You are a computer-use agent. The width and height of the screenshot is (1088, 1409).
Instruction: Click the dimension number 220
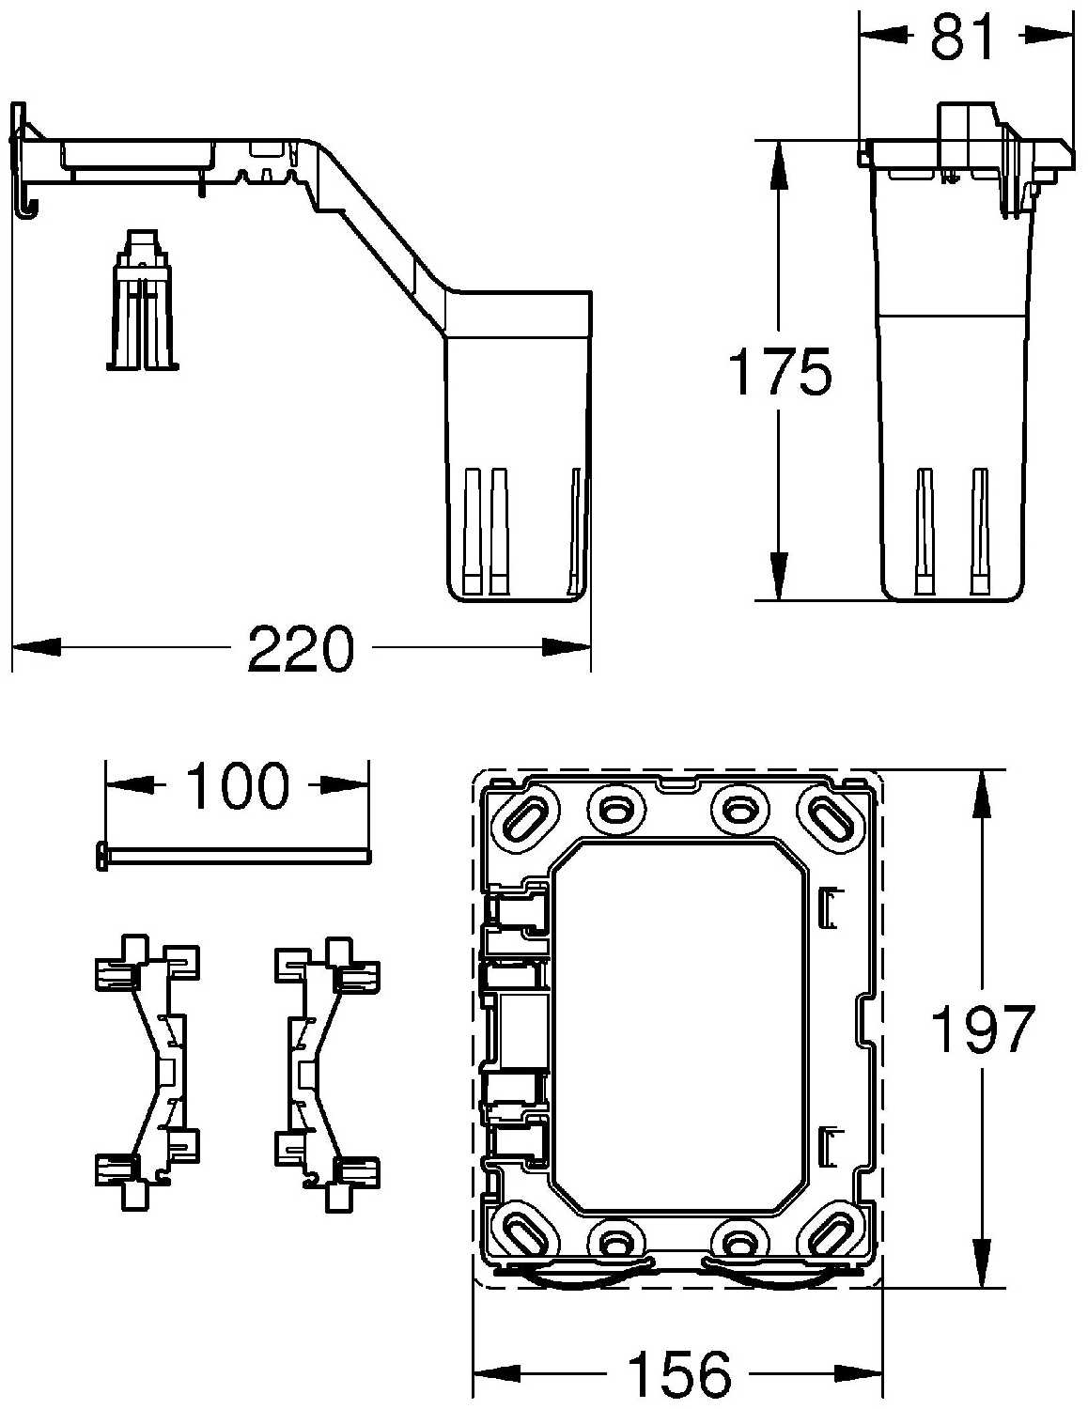click(301, 648)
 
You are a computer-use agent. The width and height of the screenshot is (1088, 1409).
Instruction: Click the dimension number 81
click(962, 38)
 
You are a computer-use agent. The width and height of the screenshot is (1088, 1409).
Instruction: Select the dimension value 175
click(780, 372)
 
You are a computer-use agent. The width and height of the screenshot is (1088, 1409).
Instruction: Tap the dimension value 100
click(237, 785)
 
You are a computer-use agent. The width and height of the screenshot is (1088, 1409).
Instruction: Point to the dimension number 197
click(982, 1030)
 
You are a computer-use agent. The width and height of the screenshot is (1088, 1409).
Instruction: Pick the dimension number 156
click(678, 1373)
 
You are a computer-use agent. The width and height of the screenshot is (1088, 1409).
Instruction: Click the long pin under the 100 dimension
click(235, 854)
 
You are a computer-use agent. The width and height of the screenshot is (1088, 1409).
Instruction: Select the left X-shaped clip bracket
click(148, 1071)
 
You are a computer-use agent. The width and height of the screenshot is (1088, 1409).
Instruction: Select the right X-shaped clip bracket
click(328, 1071)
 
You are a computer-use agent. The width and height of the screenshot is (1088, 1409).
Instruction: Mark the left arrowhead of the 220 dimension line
click(34, 647)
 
